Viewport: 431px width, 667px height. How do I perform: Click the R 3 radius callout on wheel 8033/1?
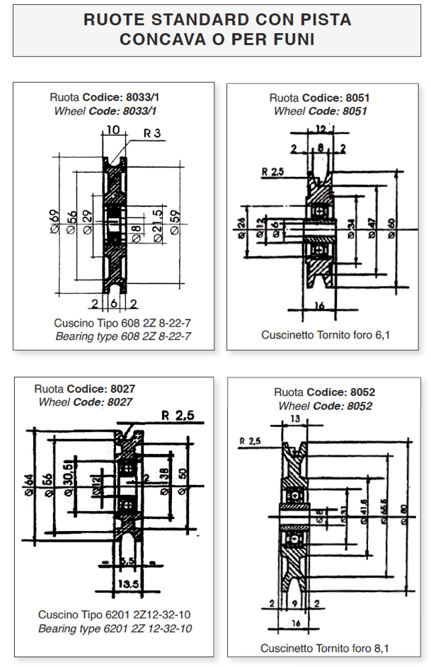pos(152,132)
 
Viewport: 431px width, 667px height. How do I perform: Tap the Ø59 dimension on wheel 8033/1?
pos(176,226)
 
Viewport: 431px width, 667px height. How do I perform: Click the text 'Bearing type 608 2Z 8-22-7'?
pos(123,336)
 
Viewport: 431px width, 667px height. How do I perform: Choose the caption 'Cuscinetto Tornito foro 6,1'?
pos(325,334)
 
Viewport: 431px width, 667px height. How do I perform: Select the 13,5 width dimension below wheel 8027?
pos(130,584)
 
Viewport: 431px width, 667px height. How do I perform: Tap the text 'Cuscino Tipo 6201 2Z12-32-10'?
pos(114,614)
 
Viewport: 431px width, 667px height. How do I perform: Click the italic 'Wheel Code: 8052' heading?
pos(325,406)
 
